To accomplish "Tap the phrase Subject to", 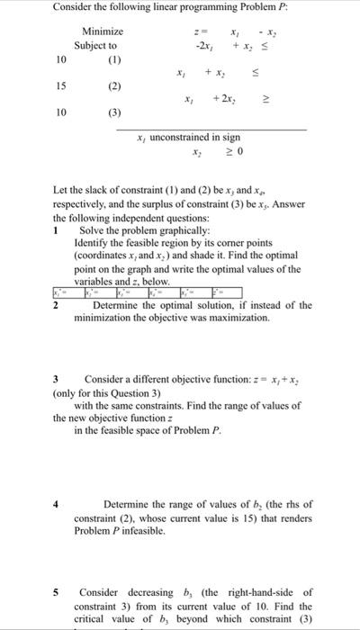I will click(95, 44).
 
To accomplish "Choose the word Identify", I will click(94, 243).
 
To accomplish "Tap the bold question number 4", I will click(57, 503).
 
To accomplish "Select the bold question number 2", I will click(56, 305).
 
